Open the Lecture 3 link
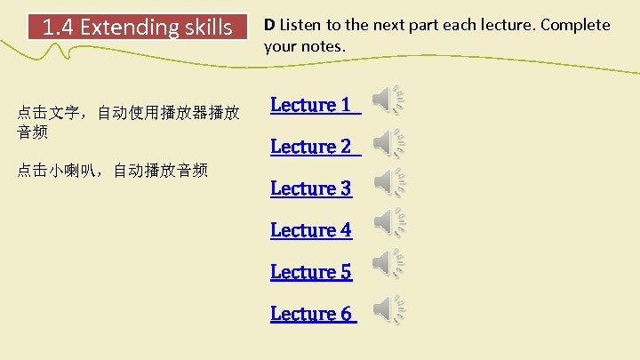[x=311, y=188]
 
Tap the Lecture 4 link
[x=311, y=230]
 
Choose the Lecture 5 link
[x=311, y=272]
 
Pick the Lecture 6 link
[x=313, y=314]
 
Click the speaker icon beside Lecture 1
[x=388, y=100]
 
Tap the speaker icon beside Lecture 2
[x=388, y=142]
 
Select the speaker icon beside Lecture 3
[x=388, y=182]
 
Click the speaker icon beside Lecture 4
[x=388, y=222]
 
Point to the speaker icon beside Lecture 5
[x=388, y=263]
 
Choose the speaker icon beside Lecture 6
[x=388, y=308]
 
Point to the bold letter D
[x=268, y=25]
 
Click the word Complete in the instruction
[x=580, y=25]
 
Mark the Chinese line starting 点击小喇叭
[x=112, y=170]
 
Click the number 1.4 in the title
[x=59, y=28]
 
